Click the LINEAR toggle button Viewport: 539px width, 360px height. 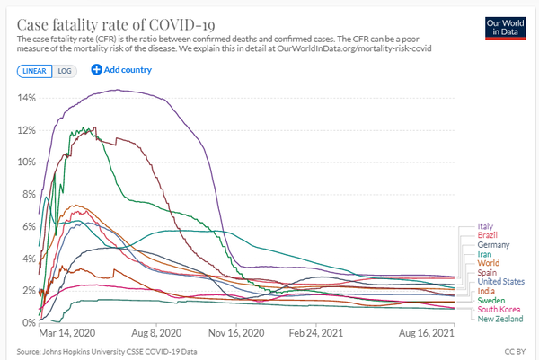[34, 70]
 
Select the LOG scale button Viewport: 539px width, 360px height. [65, 70]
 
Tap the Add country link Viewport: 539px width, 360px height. [121, 70]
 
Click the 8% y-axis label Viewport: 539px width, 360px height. [26, 194]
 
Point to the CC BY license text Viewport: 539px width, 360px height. [518, 351]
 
